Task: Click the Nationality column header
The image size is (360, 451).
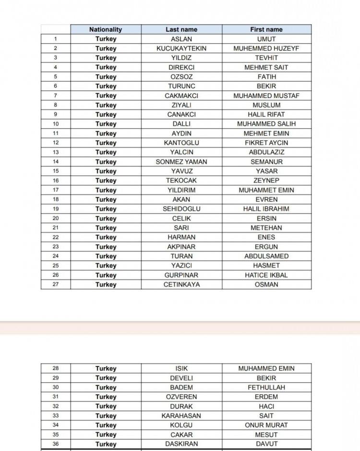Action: [x=106, y=29]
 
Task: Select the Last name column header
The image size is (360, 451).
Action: [x=181, y=29]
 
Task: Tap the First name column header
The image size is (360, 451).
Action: [x=266, y=29]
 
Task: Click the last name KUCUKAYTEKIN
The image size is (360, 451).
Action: [x=181, y=49]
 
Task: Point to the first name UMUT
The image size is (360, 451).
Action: [x=266, y=39]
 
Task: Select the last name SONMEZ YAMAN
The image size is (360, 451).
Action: [x=181, y=162]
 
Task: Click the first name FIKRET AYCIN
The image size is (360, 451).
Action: [x=266, y=143]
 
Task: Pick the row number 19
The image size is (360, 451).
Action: [x=56, y=209]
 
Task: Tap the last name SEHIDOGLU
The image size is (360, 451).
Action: [x=181, y=209]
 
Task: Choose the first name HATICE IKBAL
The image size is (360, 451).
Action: [x=266, y=275]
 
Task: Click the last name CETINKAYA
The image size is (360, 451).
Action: [x=181, y=284]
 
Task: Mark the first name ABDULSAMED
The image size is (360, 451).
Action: [x=266, y=256]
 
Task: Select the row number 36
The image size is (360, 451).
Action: [x=56, y=444]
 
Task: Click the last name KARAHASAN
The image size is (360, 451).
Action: [x=181, y=415]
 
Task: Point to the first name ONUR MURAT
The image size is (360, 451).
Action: [x=266, y=425]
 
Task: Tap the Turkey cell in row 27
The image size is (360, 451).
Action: [x=106, y=284]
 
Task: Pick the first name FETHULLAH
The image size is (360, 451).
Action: [x=266, y=387]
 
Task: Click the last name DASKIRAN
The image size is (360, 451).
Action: [x=181, y=444]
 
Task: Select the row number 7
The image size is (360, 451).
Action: [x=56, y=96]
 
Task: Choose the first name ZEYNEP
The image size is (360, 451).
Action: [x=266, y=181]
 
